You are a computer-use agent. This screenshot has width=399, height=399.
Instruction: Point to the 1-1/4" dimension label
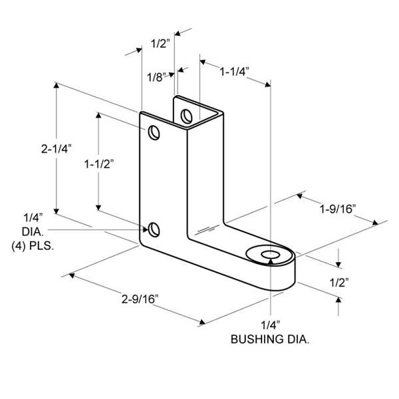pos(235,71)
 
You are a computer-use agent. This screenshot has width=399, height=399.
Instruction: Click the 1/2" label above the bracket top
pos(160,44)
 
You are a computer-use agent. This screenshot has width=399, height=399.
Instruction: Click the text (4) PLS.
pos(33,245)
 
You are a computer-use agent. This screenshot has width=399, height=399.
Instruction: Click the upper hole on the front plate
pos(154,132)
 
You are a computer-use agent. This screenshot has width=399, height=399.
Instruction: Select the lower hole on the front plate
pos(154,229)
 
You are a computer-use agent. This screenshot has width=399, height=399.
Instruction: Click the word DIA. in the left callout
pos(33,231)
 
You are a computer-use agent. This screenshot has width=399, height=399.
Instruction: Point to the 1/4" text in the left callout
pos(33,218)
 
